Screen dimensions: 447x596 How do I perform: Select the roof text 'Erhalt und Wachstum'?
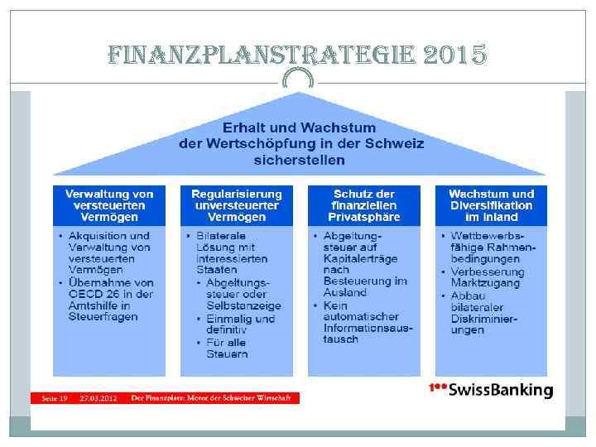[299, 127]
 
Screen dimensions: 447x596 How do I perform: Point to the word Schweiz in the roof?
[394, 142]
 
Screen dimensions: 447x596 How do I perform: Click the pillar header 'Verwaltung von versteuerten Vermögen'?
[109, 204]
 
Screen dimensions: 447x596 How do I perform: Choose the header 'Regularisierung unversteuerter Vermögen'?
[237, 204]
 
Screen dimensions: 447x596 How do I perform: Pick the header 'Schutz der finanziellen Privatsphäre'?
[364, 204]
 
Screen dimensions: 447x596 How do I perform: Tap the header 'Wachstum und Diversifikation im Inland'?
[492, 204]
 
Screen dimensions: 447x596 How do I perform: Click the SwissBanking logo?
[490, 390]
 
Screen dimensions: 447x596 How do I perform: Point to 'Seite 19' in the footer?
[55, 398]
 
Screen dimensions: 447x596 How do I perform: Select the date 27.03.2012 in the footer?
[98, 398]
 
